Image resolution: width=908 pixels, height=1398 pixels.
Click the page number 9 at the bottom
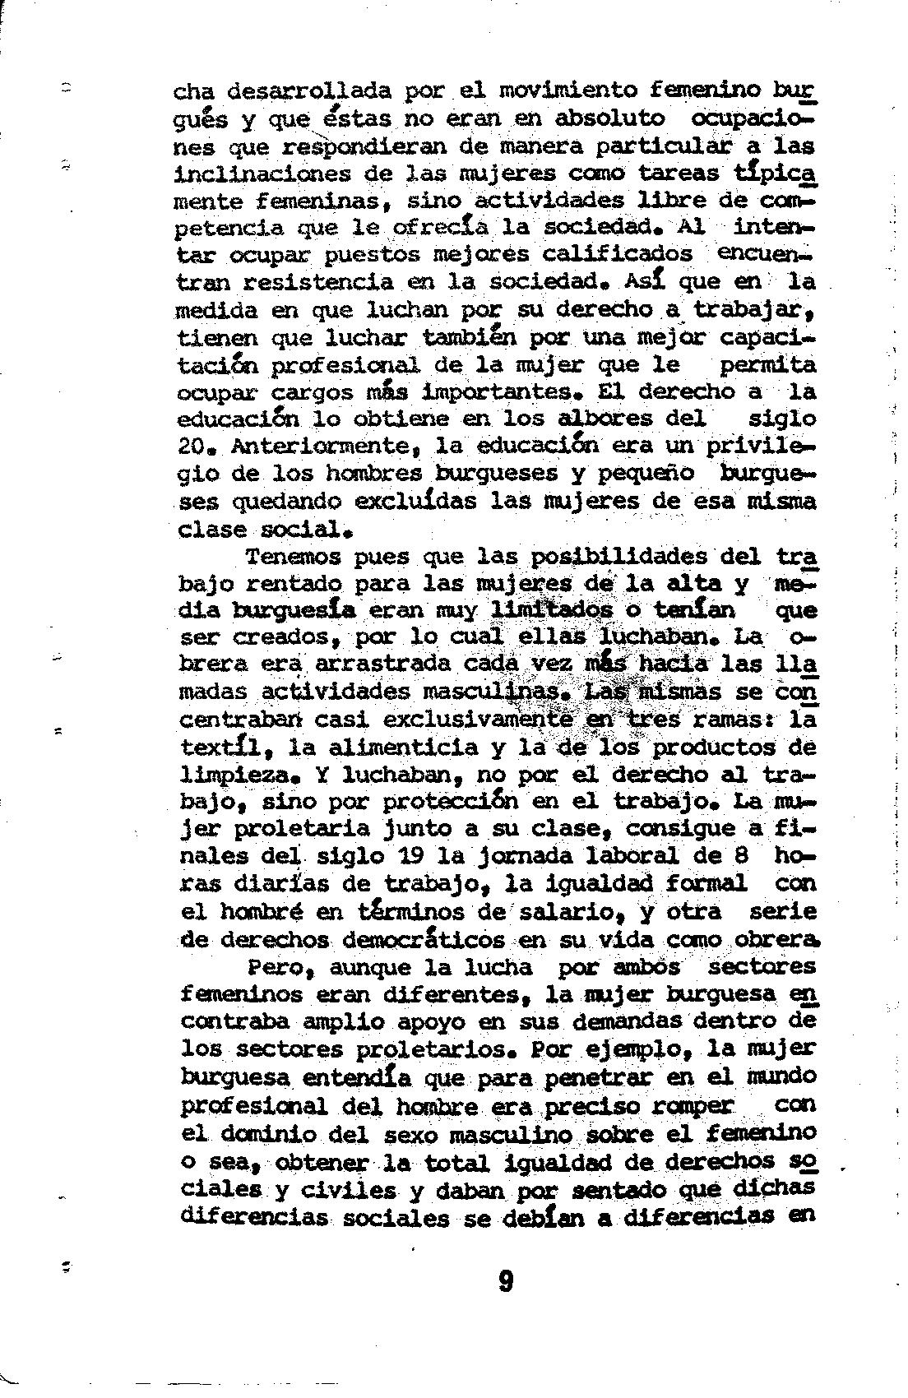(x=506, y=1280)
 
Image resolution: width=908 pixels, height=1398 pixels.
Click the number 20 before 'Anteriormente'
(x=195, y=446)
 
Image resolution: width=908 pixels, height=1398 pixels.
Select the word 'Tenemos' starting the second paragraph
(x=292, y=557)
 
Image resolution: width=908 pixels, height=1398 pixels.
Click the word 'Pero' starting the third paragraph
(x=277, y=967)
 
